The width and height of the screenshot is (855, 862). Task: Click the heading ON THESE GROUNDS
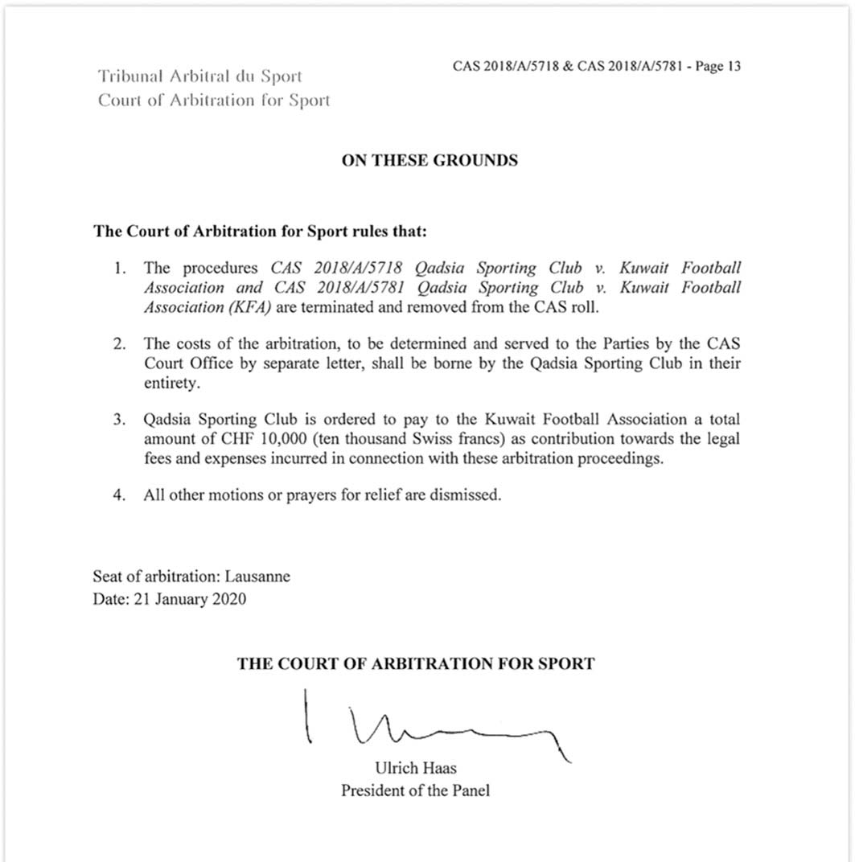coord(430,160)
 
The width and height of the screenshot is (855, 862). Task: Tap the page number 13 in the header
coord(733,67)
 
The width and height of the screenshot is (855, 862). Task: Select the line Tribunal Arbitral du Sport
coord(199,77)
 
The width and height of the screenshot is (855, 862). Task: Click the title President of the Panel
coord(415,790)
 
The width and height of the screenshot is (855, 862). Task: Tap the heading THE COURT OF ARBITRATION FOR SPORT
coord(416,664)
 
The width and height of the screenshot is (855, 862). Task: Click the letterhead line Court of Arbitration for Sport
coord(214,101)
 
